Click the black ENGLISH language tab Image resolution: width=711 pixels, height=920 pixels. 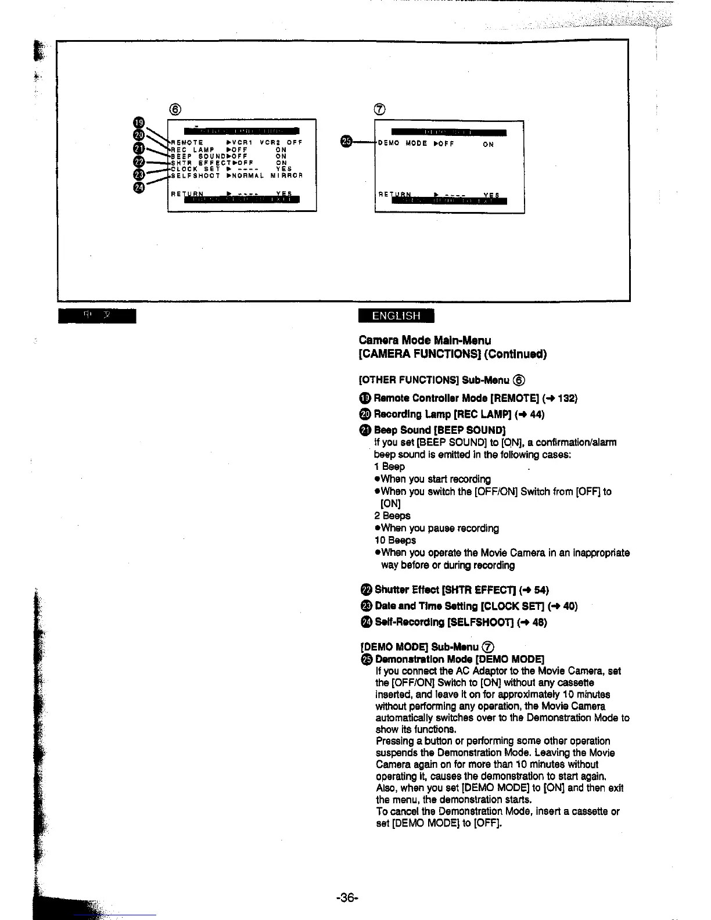click(x=396, y=315)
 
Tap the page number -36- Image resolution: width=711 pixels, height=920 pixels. click(x=347, y=897)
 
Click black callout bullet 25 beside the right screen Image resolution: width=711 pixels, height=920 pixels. click(x=346, y=142)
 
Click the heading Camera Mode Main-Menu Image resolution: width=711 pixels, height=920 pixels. click(x=425, y=340)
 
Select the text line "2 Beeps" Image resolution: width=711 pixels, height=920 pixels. click(x=392, y=516)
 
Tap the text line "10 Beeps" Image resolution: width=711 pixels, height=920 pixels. click(x=395, y=540)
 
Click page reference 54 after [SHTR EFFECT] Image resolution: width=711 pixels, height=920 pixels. click(x=540, y=590)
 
